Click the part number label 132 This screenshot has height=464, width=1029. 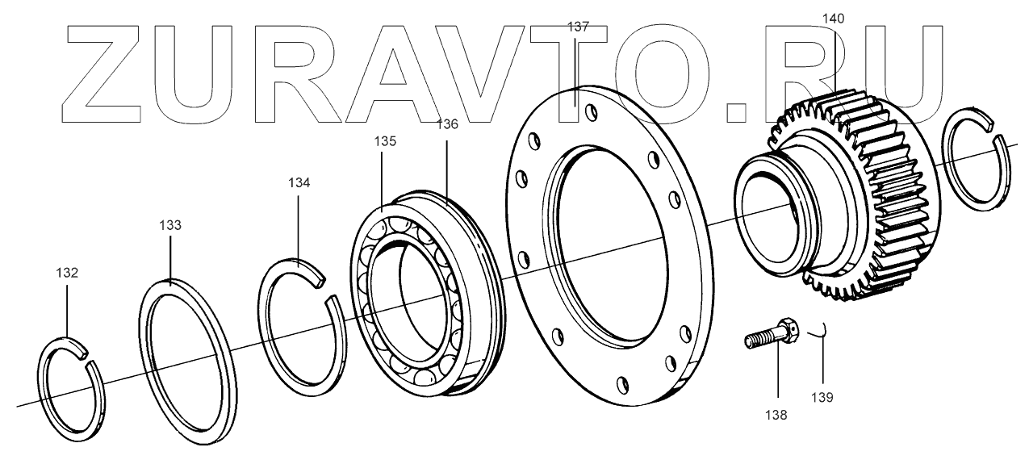pyautogui.click(x=67, y=273)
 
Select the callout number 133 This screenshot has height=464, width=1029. pyautogui.click(x=170, y=225)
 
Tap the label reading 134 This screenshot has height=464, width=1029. pyautogui.click(x=299, y=183)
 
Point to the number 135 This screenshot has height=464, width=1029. pyautogui.click(x=385, y=141)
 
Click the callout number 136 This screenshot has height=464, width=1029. pyautogui.click(x=447, y=124)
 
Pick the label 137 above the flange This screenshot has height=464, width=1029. pyautogui.click(x=578, y=27)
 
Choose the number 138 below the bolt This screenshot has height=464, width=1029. pyautogui.click(x=776, y=416)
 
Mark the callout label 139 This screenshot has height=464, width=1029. pyautogui.click(x=822, y=397)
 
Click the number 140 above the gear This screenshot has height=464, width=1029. pyautogui.click(x=833, y=19)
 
